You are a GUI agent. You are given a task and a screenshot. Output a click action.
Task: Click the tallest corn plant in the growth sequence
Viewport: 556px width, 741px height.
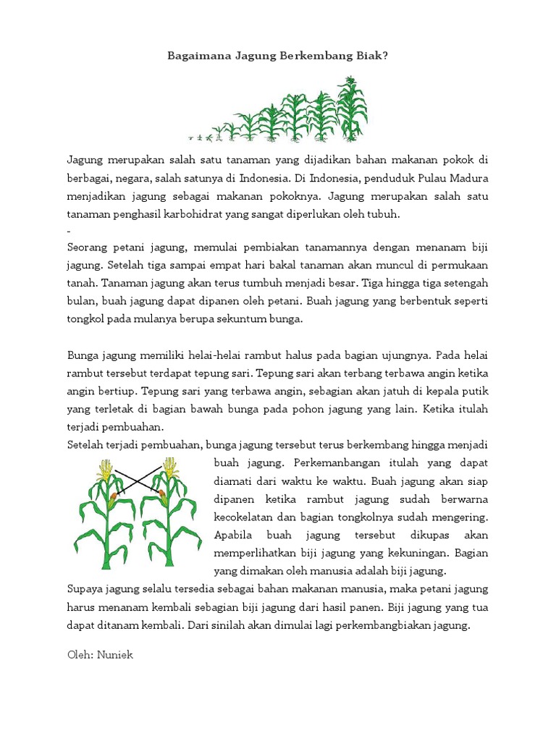(354, 109)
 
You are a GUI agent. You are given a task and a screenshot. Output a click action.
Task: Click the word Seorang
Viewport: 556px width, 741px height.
(87, 245)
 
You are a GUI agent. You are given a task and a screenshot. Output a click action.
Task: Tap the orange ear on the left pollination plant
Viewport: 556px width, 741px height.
(113, 497)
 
